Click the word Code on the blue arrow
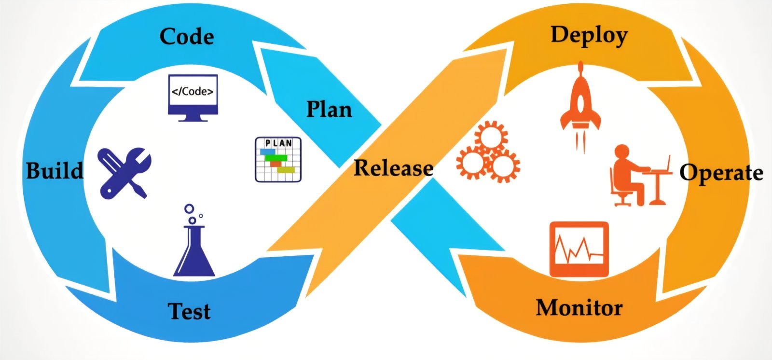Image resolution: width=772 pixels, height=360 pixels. [187, 37]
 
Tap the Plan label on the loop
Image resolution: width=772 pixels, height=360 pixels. [329, 110]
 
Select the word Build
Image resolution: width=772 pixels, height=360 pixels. [54, 171]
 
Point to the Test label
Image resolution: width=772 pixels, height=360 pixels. [189, 311]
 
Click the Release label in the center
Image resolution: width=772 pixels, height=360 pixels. [393, 168]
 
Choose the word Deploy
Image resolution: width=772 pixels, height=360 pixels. [589, 36]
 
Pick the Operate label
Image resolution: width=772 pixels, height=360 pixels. [721, 173]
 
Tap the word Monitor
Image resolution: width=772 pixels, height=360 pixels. [579, 308]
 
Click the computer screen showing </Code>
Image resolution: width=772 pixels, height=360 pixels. [193, 97]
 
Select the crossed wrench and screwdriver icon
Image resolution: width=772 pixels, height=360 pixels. [124, 172]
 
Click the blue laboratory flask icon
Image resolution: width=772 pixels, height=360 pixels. [194, 251]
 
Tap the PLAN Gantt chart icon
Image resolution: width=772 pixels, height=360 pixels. [278, 160]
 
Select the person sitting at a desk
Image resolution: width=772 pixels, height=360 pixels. [627, 176]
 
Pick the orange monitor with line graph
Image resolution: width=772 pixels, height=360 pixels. [579, 249]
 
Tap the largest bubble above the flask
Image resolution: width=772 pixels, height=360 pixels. [189, 209]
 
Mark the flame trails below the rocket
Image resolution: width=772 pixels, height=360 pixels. [580, 140]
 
